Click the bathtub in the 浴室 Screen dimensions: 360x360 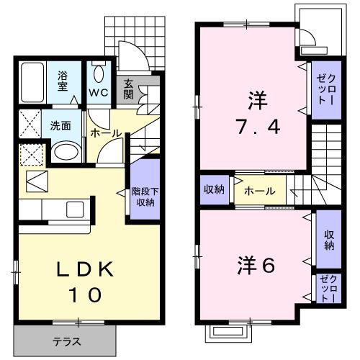pyautogui.click(x=32, y=82)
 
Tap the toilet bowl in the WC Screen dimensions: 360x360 pyautogui.click(x=99, y=74)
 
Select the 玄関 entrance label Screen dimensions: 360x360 pyautogui.click(x=128, y=89)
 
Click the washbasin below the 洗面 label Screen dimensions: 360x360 pyautogui.click(x=66, y=152)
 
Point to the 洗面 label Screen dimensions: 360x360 pyautogui.click(x=60, y=126)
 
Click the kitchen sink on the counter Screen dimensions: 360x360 pyautogui.click(x=75, y=210)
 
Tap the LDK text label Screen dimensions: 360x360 pyautogui.click(x=85, y=270)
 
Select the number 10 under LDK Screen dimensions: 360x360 pyautogui.click(x=85, y=294)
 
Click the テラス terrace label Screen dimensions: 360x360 pyautogui.click(x=67, y=341)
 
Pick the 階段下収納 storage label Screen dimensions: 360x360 pyautogui.click(x=145, y=197)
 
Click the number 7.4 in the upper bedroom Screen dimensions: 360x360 pyautogui.click(x=258, y=127)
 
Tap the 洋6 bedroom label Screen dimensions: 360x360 pyautogui.click(x=256, y=266)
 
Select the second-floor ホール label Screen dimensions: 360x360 pyautogui.click(x=260, y=192)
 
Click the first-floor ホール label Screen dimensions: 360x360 pyautogui.click(x=106, y=133)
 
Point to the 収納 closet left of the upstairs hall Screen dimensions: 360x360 pyautogui.click(x=215, y=190)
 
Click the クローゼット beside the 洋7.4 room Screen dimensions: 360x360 pyautogui.click(x=326, y=90)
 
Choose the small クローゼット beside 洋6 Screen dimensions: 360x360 pyautogui.click(x=329, y=289)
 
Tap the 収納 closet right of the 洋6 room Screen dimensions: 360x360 pyautogui.click(x=329, y=239)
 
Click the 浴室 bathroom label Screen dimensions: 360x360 pyautogui.click(x=63, y=81)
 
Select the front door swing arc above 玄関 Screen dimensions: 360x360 pyautogui.click(x=139, y=53)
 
